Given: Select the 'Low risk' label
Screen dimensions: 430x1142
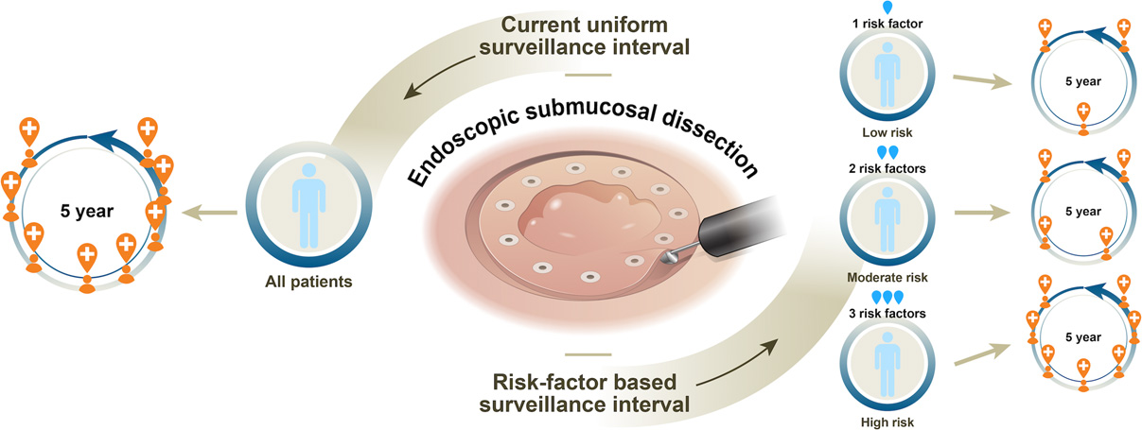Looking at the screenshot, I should [887, 132].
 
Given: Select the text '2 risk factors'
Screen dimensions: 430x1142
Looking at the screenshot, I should [887, 168].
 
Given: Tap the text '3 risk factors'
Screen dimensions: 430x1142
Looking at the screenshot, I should [887, 312].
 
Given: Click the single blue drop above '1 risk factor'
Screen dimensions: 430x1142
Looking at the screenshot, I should [887, 8].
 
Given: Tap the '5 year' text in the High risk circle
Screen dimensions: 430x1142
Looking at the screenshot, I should [1081, 337].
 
